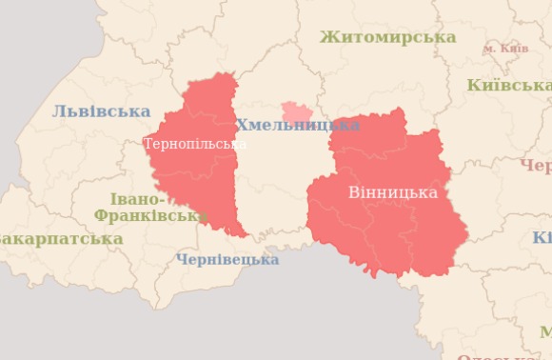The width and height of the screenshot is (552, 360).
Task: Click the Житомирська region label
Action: point(387,37)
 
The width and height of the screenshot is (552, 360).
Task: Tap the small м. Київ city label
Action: point(505,48)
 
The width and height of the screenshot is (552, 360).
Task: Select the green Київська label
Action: point(509,86)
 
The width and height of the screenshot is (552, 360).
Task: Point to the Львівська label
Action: point(101,111)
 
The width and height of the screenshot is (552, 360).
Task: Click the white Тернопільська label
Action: point(195,144)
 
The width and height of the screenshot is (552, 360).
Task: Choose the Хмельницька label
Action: point(297,126)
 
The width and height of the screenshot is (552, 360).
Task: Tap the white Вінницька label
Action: point(392,192)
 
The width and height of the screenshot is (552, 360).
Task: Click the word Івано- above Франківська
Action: point(137,199)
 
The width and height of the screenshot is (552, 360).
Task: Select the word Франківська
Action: point(150,216)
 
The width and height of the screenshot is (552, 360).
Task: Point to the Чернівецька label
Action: point(227,259)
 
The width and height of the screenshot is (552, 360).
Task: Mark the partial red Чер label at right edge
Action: point(536,166)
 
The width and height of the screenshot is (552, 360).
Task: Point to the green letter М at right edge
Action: point(544,331)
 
